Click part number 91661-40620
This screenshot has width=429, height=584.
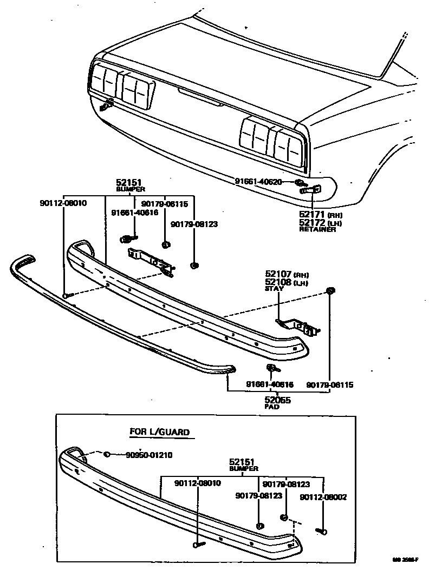258,182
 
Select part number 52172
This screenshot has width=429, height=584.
313,223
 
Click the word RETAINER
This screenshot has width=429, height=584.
317,229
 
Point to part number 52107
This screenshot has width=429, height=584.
278,274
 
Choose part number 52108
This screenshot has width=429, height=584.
278,282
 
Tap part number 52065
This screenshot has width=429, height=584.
277,400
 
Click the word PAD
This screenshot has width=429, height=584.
272,407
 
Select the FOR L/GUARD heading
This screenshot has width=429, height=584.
160,432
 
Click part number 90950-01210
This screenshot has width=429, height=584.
141,455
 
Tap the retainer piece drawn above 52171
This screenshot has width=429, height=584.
310,189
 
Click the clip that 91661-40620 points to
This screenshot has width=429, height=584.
300,182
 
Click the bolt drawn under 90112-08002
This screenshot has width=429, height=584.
322,532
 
